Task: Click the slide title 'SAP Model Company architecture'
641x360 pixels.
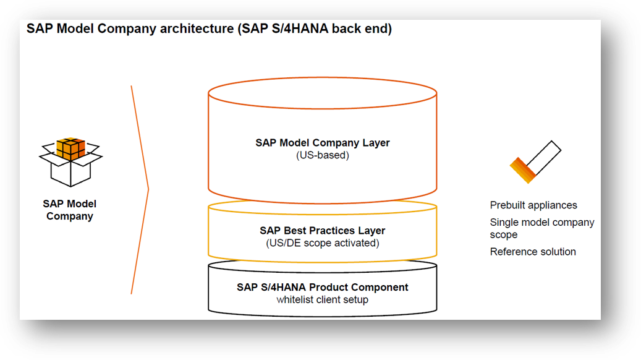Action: (130, 30)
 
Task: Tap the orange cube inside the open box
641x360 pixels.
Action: (70, 148)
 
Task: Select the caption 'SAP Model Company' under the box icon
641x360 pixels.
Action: (69, 210)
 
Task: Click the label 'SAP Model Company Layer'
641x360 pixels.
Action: (322, 143)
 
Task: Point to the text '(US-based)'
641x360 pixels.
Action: (322, 155)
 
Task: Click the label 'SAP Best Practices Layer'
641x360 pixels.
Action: (322, 231)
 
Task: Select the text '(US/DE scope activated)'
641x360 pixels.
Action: (322, 243)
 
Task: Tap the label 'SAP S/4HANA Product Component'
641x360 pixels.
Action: (322, 288)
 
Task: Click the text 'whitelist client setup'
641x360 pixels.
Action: (322, 300)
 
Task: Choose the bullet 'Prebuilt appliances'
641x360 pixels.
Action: (533, 205)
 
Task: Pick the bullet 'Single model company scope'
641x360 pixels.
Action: (541, 228)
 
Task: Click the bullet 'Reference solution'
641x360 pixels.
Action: (533, 252)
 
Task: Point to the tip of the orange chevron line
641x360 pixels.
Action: (148, 187)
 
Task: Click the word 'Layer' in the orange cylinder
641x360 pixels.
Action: (376, 143)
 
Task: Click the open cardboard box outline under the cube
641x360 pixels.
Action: (70, 171)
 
